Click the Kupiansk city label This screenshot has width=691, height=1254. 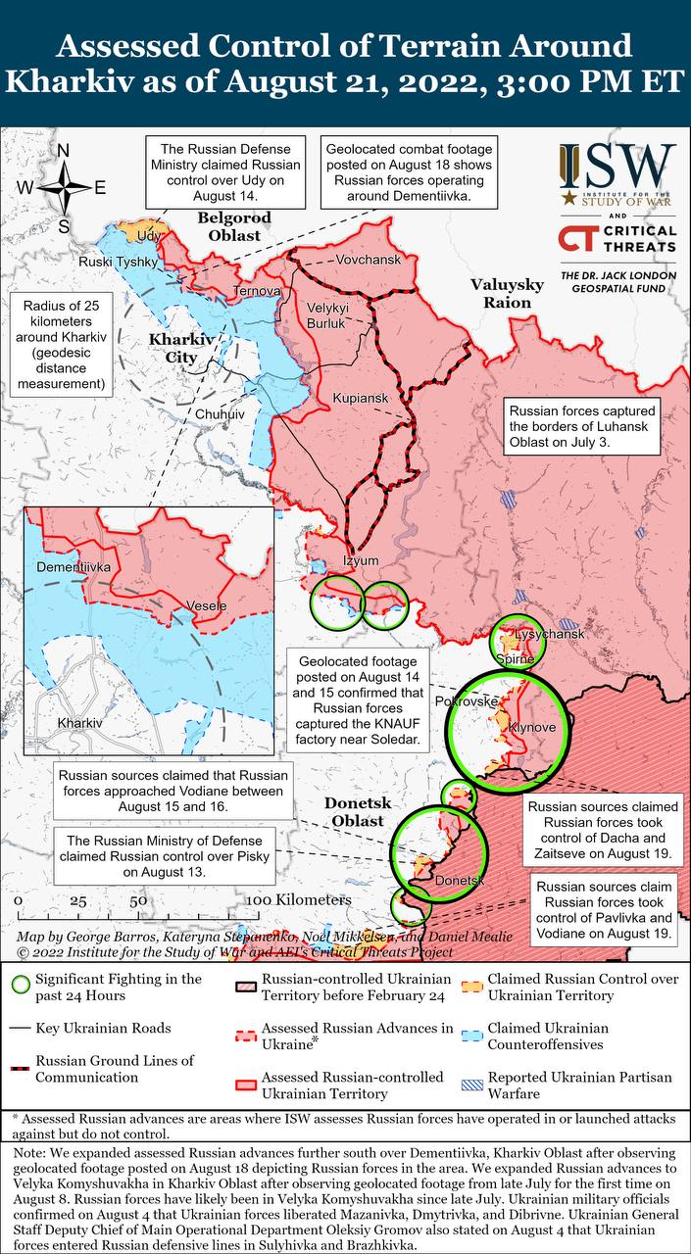tap(360, 399)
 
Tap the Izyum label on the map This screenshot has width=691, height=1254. tap(359, 560)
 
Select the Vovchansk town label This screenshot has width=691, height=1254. tap(368, 260)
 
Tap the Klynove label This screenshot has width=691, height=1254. tap(531, 729)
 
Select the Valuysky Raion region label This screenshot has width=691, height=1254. tap(506, 293)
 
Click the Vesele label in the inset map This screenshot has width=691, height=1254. tap(206, 605)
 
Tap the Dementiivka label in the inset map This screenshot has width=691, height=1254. tap(74, 567)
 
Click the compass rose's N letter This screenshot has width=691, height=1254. tap(64, 151)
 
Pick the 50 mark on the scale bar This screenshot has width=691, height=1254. tap(138, 900)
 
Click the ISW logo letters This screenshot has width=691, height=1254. tap(617, 169)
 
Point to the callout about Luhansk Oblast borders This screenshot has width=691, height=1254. tap(581, 423)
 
